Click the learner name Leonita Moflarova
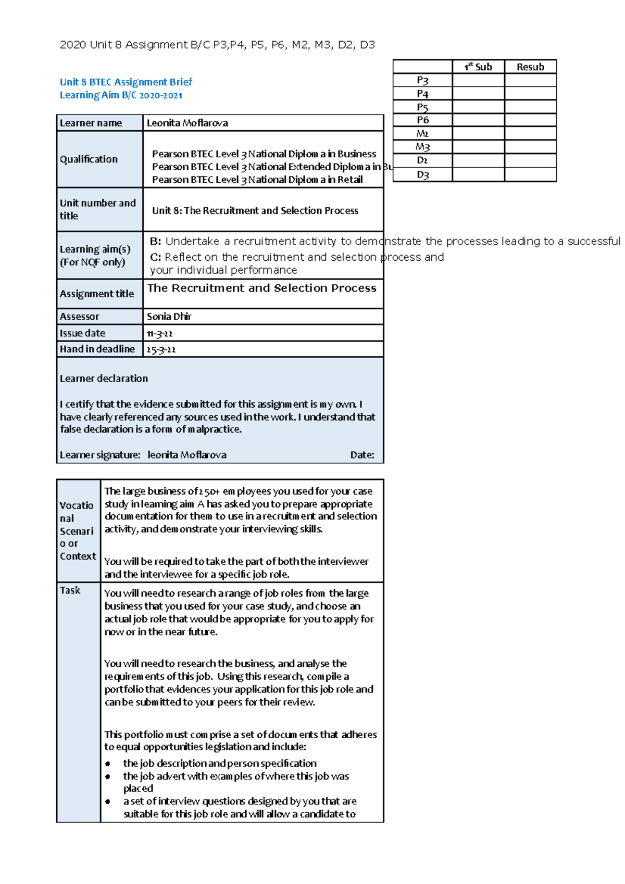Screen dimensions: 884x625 coord(187,123)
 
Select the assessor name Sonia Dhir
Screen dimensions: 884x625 coord(169,317)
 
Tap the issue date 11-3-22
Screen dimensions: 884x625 coord(159,334)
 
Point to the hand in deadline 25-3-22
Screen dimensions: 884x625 coord(161,350)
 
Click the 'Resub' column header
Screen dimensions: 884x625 coord(530,67)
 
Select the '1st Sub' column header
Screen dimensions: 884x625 coord(478,67)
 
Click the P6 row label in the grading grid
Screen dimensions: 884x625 coord(422,120)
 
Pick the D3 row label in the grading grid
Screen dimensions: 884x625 coord(422,175)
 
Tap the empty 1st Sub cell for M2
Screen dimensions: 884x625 coord(478,134)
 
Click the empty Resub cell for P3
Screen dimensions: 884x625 coord(530,80)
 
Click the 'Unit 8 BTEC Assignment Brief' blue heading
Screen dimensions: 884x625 coord(126,82)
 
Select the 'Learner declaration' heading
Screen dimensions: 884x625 coord(104,378)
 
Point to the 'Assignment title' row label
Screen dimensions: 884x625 coord(97,294)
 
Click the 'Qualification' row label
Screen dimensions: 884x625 coord(89,159)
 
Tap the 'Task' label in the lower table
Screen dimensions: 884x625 coord(70,590)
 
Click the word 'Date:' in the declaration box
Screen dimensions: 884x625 coord(362,455)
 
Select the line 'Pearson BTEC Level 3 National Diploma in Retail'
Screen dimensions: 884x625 coord(257,180)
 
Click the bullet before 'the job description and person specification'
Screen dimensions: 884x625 coord(108,764)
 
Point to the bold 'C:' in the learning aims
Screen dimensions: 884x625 coord(155,257)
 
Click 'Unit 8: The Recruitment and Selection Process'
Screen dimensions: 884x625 coord(255,211)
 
